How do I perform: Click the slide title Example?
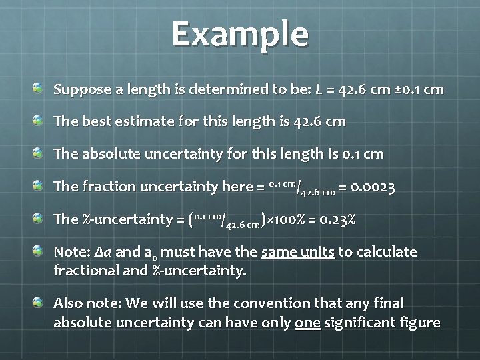point(240,34)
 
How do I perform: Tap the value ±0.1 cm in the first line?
point(417,89)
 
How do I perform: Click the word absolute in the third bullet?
point(108,154)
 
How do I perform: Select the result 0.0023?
point(372,187)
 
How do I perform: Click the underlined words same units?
point(297,252)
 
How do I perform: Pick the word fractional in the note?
point(87,271)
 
